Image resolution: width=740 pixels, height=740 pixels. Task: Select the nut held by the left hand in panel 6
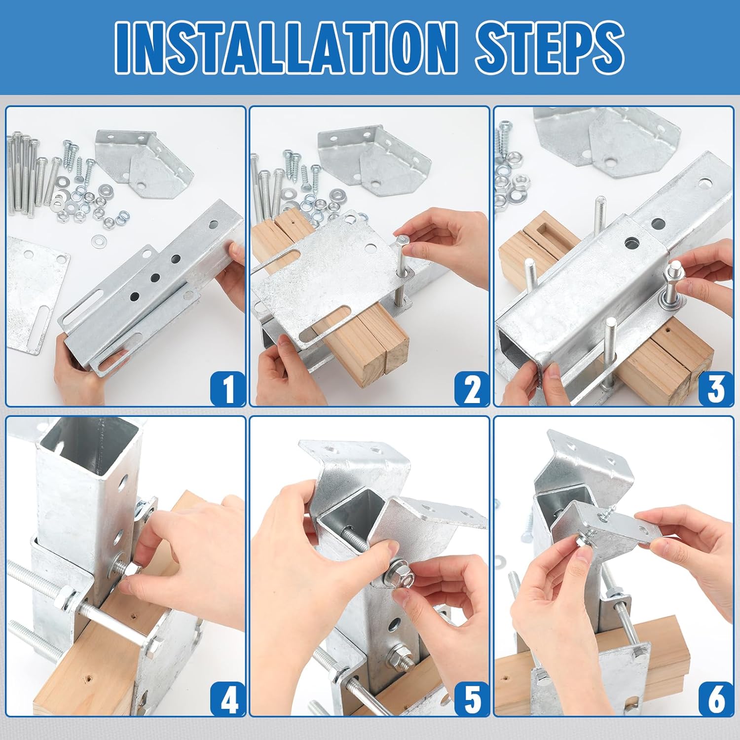coord(583,542)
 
